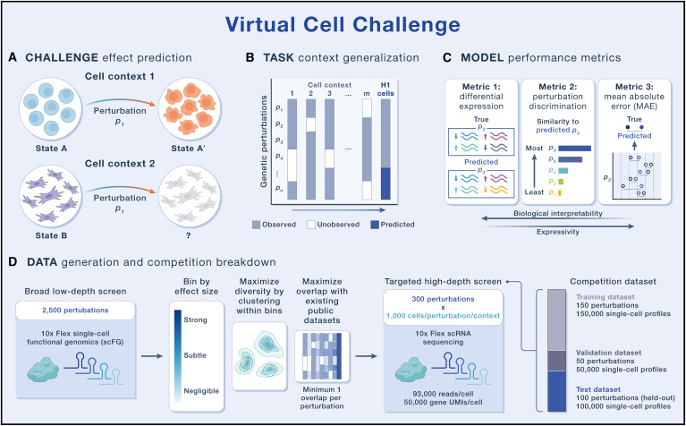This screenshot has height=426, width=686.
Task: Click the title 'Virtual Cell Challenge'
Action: [x=343, y=22]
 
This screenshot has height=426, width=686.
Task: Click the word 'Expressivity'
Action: [x=553, y=254]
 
